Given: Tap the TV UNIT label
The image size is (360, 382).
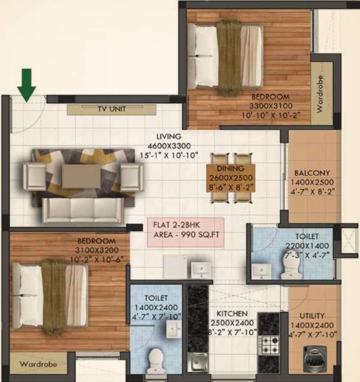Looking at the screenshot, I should click(111, 110).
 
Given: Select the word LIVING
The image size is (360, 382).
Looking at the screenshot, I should click(169, 136).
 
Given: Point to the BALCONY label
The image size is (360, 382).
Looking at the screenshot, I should click(312, 173).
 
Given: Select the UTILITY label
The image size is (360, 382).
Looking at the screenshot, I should click(312, 315).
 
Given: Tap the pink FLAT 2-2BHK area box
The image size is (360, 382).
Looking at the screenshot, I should click(186, 232).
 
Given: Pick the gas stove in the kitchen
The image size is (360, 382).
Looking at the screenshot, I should click(267, 344).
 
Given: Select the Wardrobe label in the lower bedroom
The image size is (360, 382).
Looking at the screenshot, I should click(38, 365).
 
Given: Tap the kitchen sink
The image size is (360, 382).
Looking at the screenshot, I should click(198, 360).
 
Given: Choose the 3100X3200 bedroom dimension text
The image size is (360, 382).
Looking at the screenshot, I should click(95, 250).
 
